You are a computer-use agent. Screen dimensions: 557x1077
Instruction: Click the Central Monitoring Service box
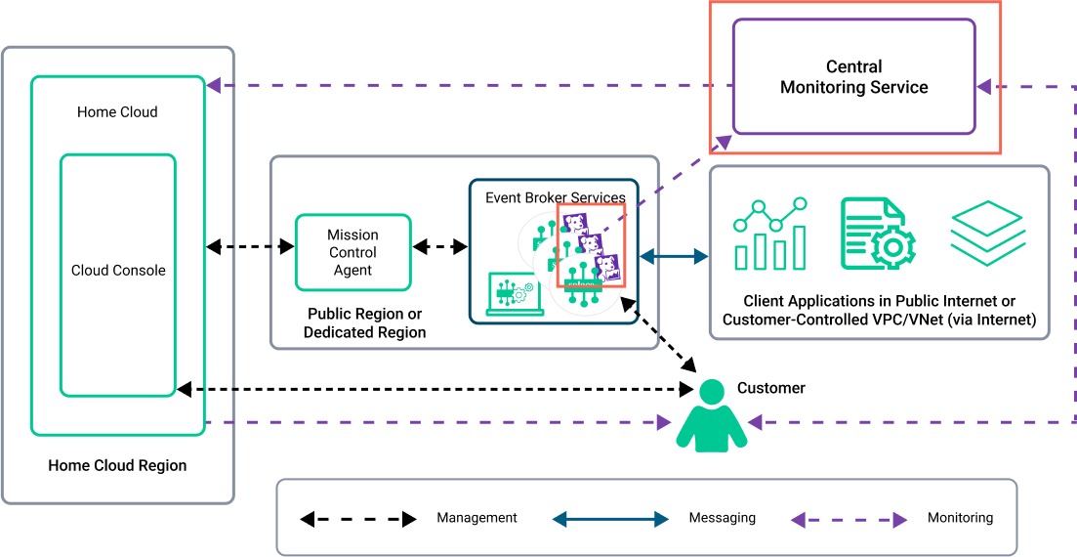click(853, 77)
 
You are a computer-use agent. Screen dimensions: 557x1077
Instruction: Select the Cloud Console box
click(118, 271)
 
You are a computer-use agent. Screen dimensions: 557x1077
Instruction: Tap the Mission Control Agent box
click(352, 252)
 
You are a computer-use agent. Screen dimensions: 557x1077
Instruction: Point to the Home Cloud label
click(117, 112)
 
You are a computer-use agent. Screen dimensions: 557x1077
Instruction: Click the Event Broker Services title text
click(555, 197)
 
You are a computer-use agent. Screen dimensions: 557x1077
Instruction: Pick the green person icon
click(712, 417)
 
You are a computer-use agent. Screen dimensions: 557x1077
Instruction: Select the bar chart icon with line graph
click(770, 235)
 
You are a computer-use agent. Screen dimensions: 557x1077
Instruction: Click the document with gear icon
click(877, 235)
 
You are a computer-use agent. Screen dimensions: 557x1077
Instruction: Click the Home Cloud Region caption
click(117, 465)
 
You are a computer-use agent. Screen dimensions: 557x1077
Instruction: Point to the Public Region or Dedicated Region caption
click(364, 323)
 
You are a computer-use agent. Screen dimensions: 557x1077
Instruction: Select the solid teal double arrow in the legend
click(610, 519)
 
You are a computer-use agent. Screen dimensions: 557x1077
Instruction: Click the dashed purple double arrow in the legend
click(849, 520)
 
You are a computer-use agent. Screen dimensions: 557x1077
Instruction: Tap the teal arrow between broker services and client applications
click(674, 257)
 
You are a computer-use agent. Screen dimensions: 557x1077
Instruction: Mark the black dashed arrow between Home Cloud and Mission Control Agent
click(251, 247)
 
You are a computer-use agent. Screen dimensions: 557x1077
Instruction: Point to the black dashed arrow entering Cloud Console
click(207, 390)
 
